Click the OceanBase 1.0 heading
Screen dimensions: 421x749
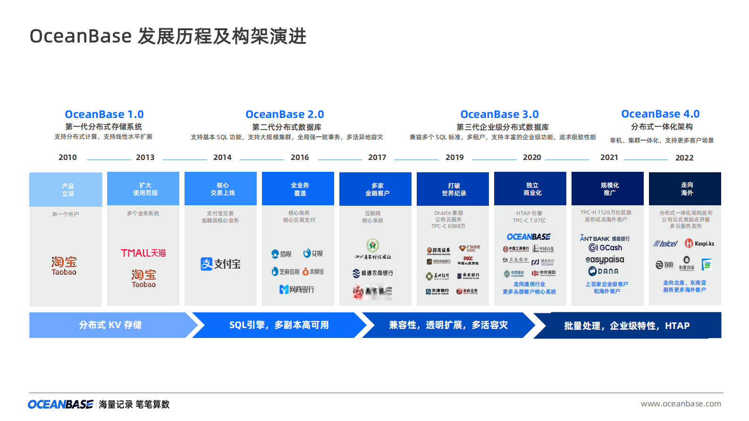tap(104, 114)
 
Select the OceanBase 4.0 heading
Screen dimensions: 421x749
tap(660, 114)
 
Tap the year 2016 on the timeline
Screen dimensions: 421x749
tap(300, 157)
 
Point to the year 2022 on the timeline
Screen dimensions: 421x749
tap(684, 158)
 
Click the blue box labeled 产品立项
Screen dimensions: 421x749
tap(66, 189)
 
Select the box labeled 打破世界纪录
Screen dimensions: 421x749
tap(454, 189)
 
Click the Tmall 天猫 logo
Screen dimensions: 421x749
tap(143, 253)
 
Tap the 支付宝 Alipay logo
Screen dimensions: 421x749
tap(220, 264)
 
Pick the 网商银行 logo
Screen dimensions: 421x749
tap(296, 289)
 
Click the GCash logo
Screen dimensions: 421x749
tap(606, 248)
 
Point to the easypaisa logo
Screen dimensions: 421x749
tap(605, 260)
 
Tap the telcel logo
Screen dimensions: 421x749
tap(665, 244)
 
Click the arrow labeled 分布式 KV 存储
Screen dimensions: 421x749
tap(110, 325)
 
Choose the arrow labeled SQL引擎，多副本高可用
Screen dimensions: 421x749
tap(279, 325)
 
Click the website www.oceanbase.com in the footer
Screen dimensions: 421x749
tap(681, 404)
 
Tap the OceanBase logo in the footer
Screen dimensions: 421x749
tap(60, 404)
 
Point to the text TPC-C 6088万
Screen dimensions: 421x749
tap(448, 226)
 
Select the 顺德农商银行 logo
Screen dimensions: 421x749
tap(372, 273)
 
